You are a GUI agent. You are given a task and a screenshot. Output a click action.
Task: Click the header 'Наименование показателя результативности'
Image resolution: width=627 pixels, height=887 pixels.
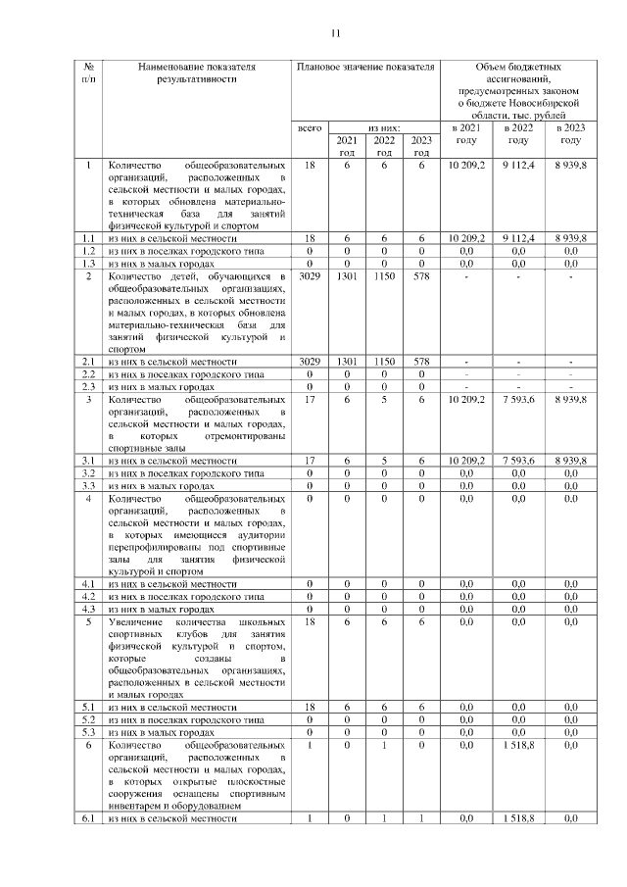click(x=196, y=72)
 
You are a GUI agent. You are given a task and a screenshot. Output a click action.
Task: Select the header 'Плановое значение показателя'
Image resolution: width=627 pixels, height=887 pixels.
click(x=364, y=66)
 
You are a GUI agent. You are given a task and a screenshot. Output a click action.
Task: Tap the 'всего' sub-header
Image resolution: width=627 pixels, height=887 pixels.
click(x=310, y=128)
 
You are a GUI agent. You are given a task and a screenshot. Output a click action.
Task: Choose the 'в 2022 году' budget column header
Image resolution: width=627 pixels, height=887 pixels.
click(x=518, y=134)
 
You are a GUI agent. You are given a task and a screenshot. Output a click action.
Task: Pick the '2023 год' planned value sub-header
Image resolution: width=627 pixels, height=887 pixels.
click(x=421, y=146)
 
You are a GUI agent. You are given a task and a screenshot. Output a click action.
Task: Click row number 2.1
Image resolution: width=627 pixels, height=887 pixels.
click(x=88, y=363)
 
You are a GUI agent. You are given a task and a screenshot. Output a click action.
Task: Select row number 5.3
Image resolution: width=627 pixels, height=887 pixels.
click(x=88, y=732)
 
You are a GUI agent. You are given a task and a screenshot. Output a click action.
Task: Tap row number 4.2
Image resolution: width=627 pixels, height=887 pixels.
click(x=88, y=596)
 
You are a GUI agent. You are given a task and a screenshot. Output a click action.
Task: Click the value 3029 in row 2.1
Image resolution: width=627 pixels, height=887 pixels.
click(x=310, y=363)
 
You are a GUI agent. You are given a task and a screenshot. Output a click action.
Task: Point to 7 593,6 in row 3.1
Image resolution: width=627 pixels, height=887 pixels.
click(x=518, y=460)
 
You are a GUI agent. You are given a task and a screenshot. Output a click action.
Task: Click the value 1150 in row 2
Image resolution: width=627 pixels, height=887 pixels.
click(x=384, y=278)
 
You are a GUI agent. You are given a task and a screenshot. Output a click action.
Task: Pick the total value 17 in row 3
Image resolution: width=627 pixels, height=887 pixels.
click(x=310, y=400)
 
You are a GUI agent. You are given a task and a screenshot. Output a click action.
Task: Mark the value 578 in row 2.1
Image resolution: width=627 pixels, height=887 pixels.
click(x=421, y=363)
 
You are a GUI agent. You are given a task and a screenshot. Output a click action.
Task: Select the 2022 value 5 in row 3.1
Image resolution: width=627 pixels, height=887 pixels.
click(x=384, y=460)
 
